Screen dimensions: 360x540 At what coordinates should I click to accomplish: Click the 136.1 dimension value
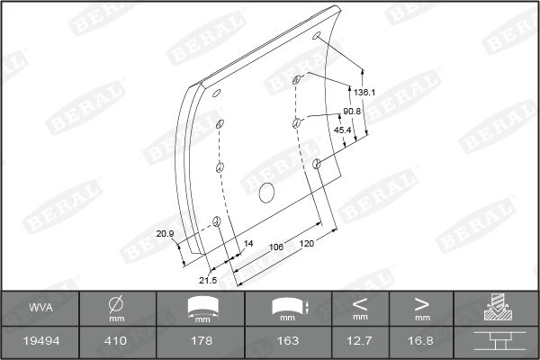click(364, 93)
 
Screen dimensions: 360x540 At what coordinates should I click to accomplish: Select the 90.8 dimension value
click(352, 112)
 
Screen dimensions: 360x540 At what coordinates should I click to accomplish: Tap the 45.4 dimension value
click(343, 130)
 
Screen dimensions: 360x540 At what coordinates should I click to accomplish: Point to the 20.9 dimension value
click(165, 234)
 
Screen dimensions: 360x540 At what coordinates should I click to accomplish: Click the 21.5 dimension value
click(208, 280)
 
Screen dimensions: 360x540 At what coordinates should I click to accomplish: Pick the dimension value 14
click(249, 243)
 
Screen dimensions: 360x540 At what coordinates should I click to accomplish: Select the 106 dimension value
click(276, 247)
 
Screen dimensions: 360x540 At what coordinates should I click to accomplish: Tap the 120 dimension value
click(307, 243)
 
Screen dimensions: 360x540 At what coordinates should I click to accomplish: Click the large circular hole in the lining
click(265, 192)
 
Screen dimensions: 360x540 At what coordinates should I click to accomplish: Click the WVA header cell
click(40, 309)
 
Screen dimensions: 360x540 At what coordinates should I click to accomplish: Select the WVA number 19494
click(40, 341)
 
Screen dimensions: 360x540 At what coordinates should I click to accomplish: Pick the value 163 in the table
click(288, 341)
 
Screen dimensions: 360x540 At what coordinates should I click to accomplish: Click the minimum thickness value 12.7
click(361, 341)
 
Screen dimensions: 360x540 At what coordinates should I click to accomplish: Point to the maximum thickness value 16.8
click(422, 341)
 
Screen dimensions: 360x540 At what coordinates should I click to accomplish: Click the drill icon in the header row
click(496, 309)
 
